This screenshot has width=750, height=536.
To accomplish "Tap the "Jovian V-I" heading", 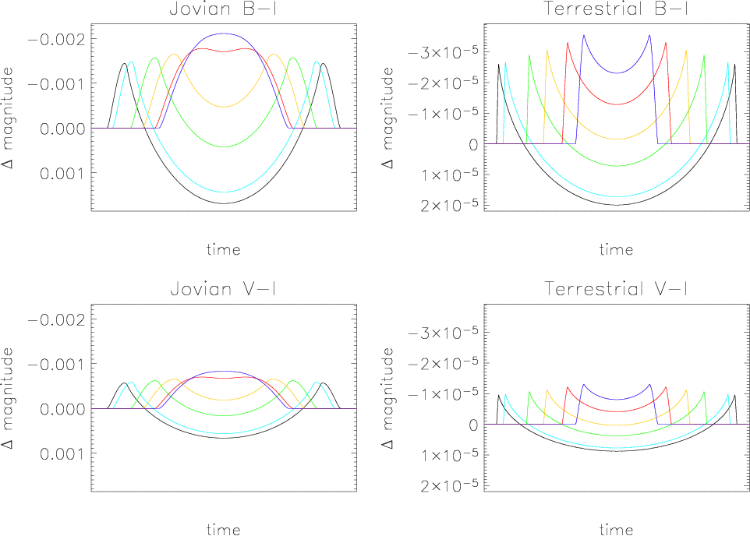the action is tap(224, 289).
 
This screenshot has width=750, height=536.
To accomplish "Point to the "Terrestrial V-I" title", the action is tap(616, 289).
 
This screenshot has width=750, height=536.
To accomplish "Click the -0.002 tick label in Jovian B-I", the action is tap(56, 39).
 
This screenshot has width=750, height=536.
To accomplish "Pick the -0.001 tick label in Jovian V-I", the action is tap(56, 365).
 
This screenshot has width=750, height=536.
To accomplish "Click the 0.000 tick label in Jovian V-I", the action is tap(62, 409).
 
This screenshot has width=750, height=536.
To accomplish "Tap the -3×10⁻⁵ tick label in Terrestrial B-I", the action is tap(443, 51).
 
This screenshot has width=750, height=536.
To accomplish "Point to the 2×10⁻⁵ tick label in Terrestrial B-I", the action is tap(448, 205).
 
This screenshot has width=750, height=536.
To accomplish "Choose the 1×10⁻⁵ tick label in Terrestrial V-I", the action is tap(448, 455).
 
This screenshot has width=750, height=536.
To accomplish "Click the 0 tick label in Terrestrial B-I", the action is tap(473, 144).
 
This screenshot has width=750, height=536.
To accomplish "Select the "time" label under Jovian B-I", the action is tap(224, 249).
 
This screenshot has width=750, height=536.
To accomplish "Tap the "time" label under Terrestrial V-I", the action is tap(616, 529).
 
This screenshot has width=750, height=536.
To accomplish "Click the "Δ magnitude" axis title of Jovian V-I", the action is tap(8, 398).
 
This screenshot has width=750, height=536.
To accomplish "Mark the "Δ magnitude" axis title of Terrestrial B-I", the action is tap(387, 118).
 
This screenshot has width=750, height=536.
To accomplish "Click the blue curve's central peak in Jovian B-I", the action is tap(224, 33).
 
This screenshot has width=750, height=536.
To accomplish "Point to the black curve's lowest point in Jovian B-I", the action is tap(224, 203).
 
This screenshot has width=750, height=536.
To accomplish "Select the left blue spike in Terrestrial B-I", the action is tap(583, 35).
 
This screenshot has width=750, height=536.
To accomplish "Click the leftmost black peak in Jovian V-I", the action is tap(125, 383).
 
